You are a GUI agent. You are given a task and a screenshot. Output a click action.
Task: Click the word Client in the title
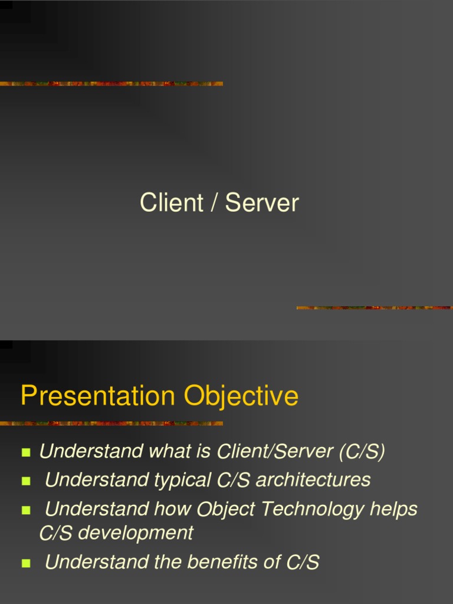coord(163,203)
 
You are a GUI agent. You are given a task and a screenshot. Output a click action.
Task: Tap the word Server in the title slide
coord(262,203)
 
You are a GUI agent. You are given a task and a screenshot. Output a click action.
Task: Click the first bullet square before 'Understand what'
coord(25,453)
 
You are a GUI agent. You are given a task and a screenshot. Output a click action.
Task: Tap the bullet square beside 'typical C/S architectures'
coord(25,481)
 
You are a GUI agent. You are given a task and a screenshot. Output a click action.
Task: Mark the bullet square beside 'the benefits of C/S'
coord(25,563)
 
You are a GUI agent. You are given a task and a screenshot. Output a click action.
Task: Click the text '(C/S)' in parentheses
coord(362,452)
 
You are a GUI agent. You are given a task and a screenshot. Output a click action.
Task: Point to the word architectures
coord(313,480)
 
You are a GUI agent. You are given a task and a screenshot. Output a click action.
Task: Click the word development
coord(135,533)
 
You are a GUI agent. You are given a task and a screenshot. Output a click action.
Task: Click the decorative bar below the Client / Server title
coord(374,307)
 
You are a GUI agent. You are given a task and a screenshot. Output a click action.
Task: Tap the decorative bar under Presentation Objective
coord(111,423)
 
